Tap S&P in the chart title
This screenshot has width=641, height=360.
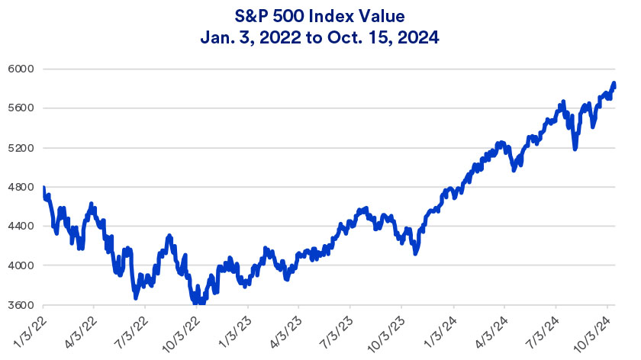pos(244,14)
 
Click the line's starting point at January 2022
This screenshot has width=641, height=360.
pos(43,188)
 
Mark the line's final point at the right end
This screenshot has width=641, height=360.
pos(614,84)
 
